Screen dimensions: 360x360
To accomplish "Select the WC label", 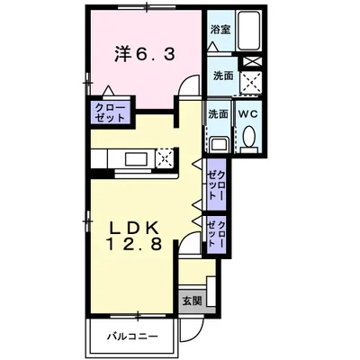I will click(x=247, y=114).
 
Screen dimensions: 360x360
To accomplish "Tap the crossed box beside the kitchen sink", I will click(x=164, y=160).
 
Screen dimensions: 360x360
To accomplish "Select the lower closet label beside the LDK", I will click(x=213, y=234).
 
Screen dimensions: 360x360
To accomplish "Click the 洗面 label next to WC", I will click(x=218, y=114).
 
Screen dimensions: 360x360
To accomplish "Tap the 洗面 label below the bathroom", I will click(x=222, y=76).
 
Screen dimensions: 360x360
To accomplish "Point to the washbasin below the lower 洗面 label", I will click(x=218, y=141).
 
